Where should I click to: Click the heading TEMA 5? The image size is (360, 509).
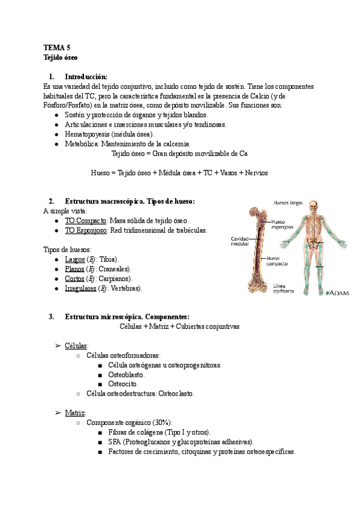(x=57, y=47)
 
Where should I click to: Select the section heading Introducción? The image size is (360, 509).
(x=86, y=77)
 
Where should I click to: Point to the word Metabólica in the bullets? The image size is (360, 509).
(x=82, y=144)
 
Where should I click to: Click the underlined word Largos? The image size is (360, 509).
(x=74, y=259)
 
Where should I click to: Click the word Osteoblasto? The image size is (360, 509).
(x=126, y=375)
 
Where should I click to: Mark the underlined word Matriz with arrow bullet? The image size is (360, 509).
(x=76, y=413)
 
